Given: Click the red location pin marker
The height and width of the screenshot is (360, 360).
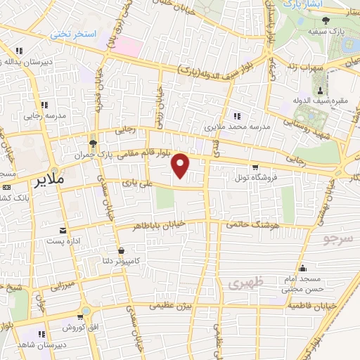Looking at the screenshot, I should coord(181,166).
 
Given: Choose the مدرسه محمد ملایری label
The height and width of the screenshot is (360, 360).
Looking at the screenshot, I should coord(237,128).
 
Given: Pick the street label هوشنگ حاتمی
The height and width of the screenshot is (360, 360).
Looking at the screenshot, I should coord(250,225).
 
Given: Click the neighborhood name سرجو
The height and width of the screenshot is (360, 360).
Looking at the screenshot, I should coord(340,239).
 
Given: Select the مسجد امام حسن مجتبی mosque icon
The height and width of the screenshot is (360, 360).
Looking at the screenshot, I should coord(302,267).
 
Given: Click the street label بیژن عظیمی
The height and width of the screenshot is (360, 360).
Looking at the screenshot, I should coord(172,307).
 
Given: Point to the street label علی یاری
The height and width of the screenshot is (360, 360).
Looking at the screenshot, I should coord(136,183).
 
